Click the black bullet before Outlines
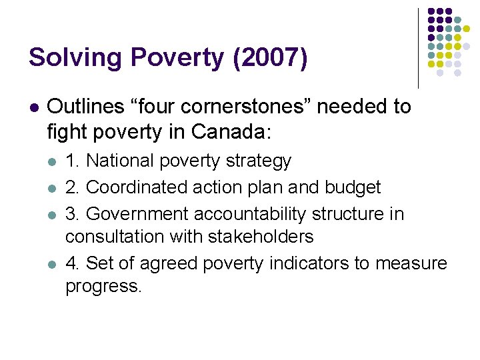[35, 107]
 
